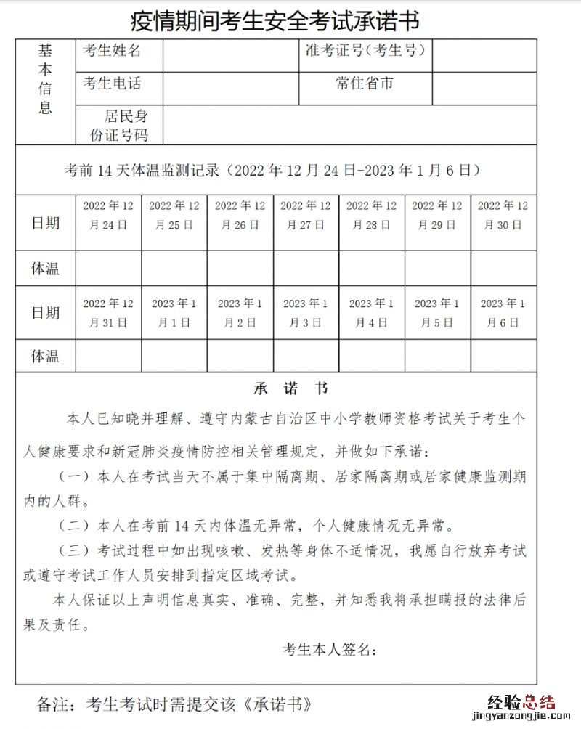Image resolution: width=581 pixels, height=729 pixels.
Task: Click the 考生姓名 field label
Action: click(x=113, y=51)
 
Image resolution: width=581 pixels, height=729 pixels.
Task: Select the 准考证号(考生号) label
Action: click(x=365, y=51)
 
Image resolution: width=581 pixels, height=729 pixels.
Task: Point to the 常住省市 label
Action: click(x=365, y=84)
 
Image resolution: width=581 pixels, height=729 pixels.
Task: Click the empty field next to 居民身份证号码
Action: click(x=349, y=125)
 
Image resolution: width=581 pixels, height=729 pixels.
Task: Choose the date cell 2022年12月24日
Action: click(x=108, y=215)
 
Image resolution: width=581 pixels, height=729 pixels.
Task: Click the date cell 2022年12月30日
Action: click(x=503, y=215)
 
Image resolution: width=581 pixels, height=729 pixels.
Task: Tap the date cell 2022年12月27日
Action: click(x=306, y=215)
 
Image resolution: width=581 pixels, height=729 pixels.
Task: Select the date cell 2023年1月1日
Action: click(x=174, y=313)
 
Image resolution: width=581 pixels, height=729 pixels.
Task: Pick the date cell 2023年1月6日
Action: click(x=503, y=313)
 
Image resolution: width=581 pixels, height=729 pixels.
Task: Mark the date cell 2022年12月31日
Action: click(x=108, y=313)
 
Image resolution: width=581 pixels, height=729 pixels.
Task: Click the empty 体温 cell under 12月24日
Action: click(x=108, y=269)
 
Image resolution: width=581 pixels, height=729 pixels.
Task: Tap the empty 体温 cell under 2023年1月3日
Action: click(x=306, y=356)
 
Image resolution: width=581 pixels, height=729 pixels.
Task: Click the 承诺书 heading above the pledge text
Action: click(x=290, y=388)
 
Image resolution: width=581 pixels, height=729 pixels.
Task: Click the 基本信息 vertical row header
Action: click(x=46, y=80)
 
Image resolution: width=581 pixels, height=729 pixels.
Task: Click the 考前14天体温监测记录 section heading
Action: click(x=273, y=171)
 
